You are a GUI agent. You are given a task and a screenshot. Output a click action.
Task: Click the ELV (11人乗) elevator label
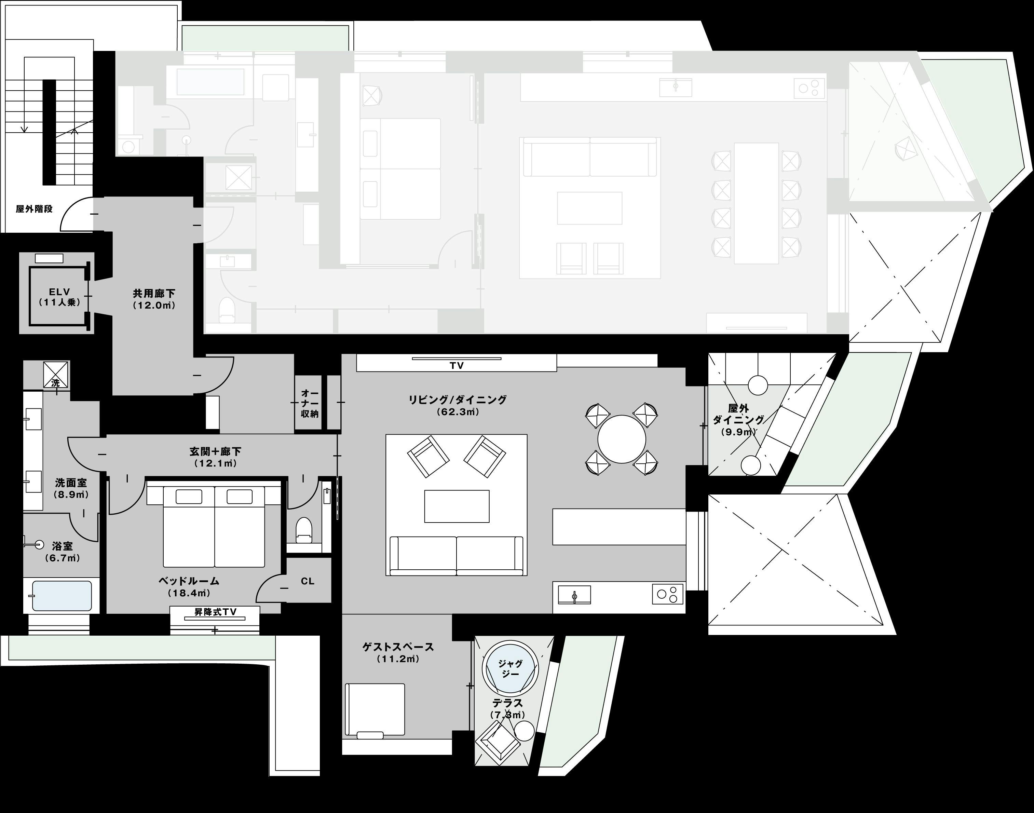(x=59, y=297)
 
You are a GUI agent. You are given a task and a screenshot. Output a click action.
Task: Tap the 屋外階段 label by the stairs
(x=34, y=208)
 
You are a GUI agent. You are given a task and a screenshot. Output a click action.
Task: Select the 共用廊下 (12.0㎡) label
(x=154, y=299)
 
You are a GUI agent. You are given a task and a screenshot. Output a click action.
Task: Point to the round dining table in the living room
(x=622, y=439)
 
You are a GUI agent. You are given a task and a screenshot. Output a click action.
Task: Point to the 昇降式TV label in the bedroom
(x=215, y=612)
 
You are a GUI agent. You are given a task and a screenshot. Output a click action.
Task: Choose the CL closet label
(x=308, y=581)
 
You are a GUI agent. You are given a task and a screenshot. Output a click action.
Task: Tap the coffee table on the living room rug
(x=457, y=506)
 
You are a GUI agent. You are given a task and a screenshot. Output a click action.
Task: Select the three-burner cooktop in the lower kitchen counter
(x=667, y=594)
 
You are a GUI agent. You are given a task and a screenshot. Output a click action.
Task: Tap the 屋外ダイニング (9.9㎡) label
(x=738, y=420)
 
